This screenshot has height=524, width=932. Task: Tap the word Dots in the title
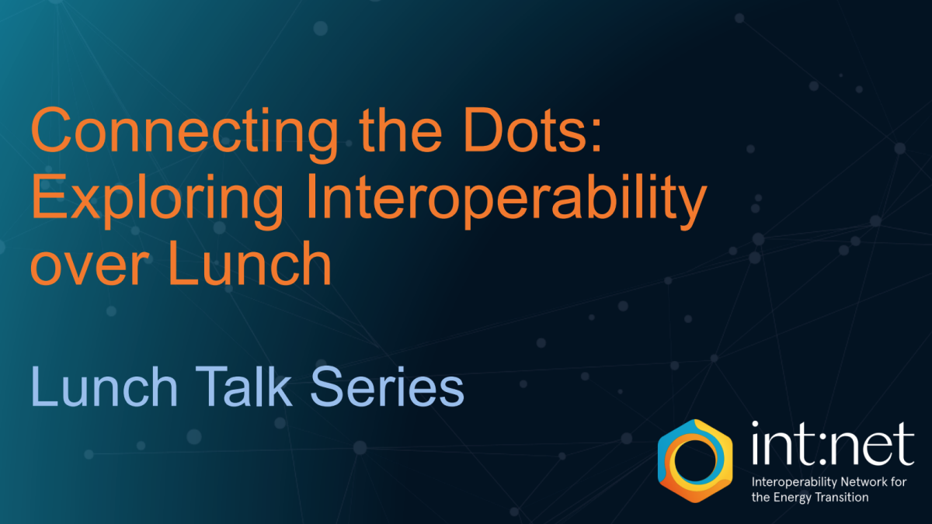(x=523, y=130)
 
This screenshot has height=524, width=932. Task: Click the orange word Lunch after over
(x=249, y=263)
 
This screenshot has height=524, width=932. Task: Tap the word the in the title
(x=400, y=130)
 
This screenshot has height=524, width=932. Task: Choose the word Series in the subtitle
(x=387, y=387)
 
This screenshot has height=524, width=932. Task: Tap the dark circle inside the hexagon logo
(x=695, y=462)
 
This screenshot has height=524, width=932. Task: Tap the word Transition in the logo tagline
(x=842, y=498)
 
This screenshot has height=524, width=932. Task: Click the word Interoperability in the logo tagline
(x=795, y=483)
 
